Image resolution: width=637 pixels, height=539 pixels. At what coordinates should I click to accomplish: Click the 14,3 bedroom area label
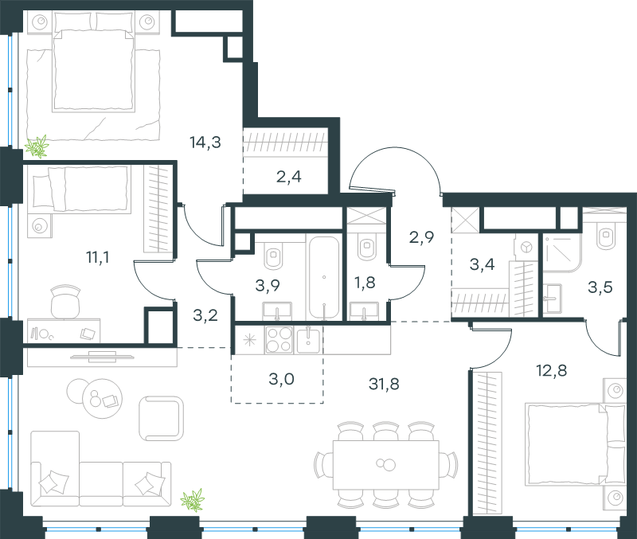[205, 143]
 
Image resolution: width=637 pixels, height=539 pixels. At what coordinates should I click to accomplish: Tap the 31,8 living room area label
[384, 384]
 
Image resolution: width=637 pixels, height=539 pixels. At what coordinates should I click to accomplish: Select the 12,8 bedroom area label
[552, 370]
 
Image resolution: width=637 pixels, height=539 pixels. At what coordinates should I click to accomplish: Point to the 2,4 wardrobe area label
[289, 177]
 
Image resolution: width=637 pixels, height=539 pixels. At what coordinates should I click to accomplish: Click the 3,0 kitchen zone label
[282, 379]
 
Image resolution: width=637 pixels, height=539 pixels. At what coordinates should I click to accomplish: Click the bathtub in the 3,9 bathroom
[324, 277]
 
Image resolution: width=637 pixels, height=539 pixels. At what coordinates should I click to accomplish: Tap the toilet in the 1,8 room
[368, 247]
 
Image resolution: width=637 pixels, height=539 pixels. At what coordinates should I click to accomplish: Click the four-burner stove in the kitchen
[279, 339]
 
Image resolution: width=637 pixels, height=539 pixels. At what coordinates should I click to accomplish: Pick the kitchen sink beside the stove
[308, 340]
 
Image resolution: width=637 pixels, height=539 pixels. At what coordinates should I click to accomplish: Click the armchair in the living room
[161, 418]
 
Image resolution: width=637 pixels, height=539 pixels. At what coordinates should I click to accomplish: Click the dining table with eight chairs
[386, 465]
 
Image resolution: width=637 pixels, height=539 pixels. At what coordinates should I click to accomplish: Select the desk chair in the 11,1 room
[65, 301]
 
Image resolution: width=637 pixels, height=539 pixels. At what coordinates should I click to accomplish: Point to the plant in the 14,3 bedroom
[37, 146]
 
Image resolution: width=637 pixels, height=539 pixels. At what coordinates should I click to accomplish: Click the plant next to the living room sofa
[193, 500]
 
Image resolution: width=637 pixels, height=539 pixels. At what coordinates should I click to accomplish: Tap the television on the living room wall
[102, 357]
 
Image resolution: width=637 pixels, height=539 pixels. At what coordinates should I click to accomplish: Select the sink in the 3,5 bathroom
[552, 299]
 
